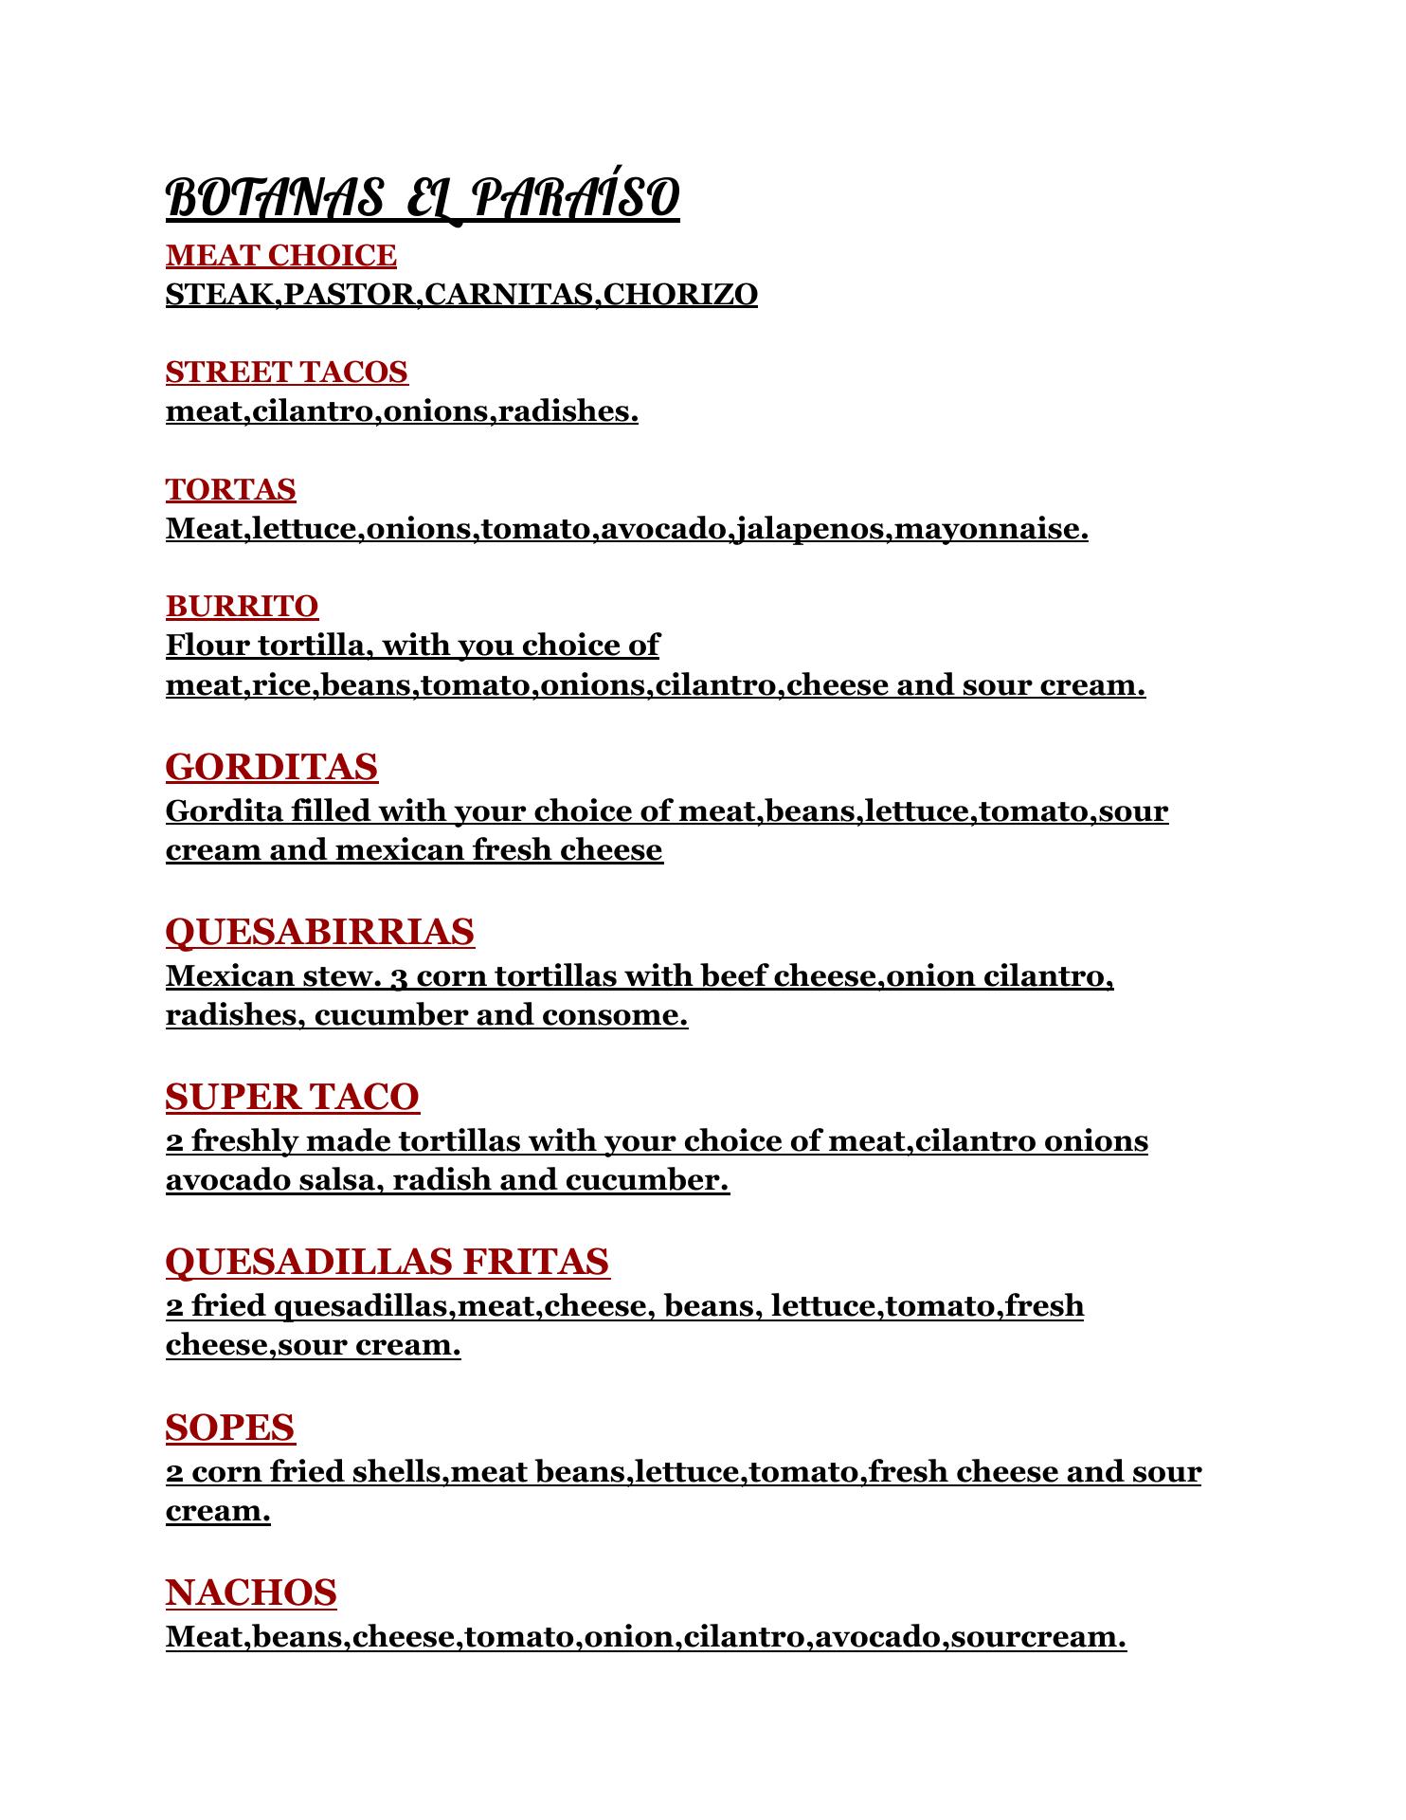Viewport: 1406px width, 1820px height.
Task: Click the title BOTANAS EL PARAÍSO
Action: [423, 199]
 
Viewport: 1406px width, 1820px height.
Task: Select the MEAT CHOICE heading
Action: [280, 256]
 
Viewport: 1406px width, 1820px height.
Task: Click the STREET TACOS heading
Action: [286, 373]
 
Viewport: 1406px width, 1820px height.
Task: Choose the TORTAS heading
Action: [230, 490]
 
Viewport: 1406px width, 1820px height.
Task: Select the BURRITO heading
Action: [242, 607]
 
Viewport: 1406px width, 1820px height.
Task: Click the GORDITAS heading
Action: [271, 767]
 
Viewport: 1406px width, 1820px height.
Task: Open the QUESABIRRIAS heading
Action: [319, 932]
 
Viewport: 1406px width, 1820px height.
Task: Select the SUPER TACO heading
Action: [292, 1097]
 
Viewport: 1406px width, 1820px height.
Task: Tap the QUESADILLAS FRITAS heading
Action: [387, 1262]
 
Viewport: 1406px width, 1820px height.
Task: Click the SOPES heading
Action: [230, 1427]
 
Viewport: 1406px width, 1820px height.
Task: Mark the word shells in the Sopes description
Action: [398, 1472]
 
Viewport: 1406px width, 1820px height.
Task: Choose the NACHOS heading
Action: [251, 1592]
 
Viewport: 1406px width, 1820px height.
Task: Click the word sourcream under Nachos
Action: [1037, 1637]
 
